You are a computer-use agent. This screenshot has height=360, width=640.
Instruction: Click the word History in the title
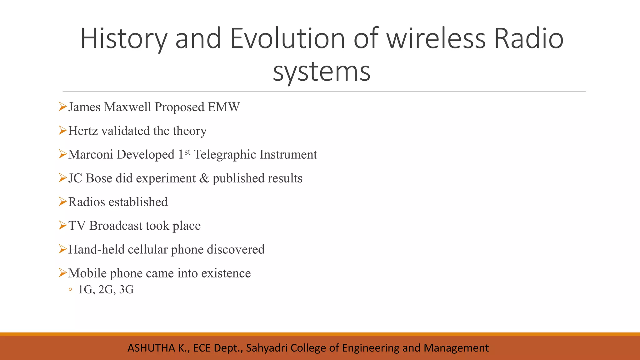click(x=123, y=39)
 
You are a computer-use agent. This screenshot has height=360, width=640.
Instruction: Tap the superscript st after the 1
click(x=187, y=152)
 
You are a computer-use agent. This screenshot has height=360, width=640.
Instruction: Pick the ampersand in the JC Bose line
click(x=204, y=178)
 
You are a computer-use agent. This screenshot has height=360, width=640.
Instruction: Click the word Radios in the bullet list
click(x=87, y=202)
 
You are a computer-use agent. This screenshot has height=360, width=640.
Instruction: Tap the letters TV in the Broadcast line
click(x=77, y=226)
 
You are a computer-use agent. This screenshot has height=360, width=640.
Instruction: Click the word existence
click(x=226, y=273)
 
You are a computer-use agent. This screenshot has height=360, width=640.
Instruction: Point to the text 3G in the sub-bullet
click(x=126, y=290)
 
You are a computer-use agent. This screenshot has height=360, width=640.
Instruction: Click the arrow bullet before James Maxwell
click(x=62, y=107)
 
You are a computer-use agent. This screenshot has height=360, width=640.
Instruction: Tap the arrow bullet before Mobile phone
click(x=62, y=273)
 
